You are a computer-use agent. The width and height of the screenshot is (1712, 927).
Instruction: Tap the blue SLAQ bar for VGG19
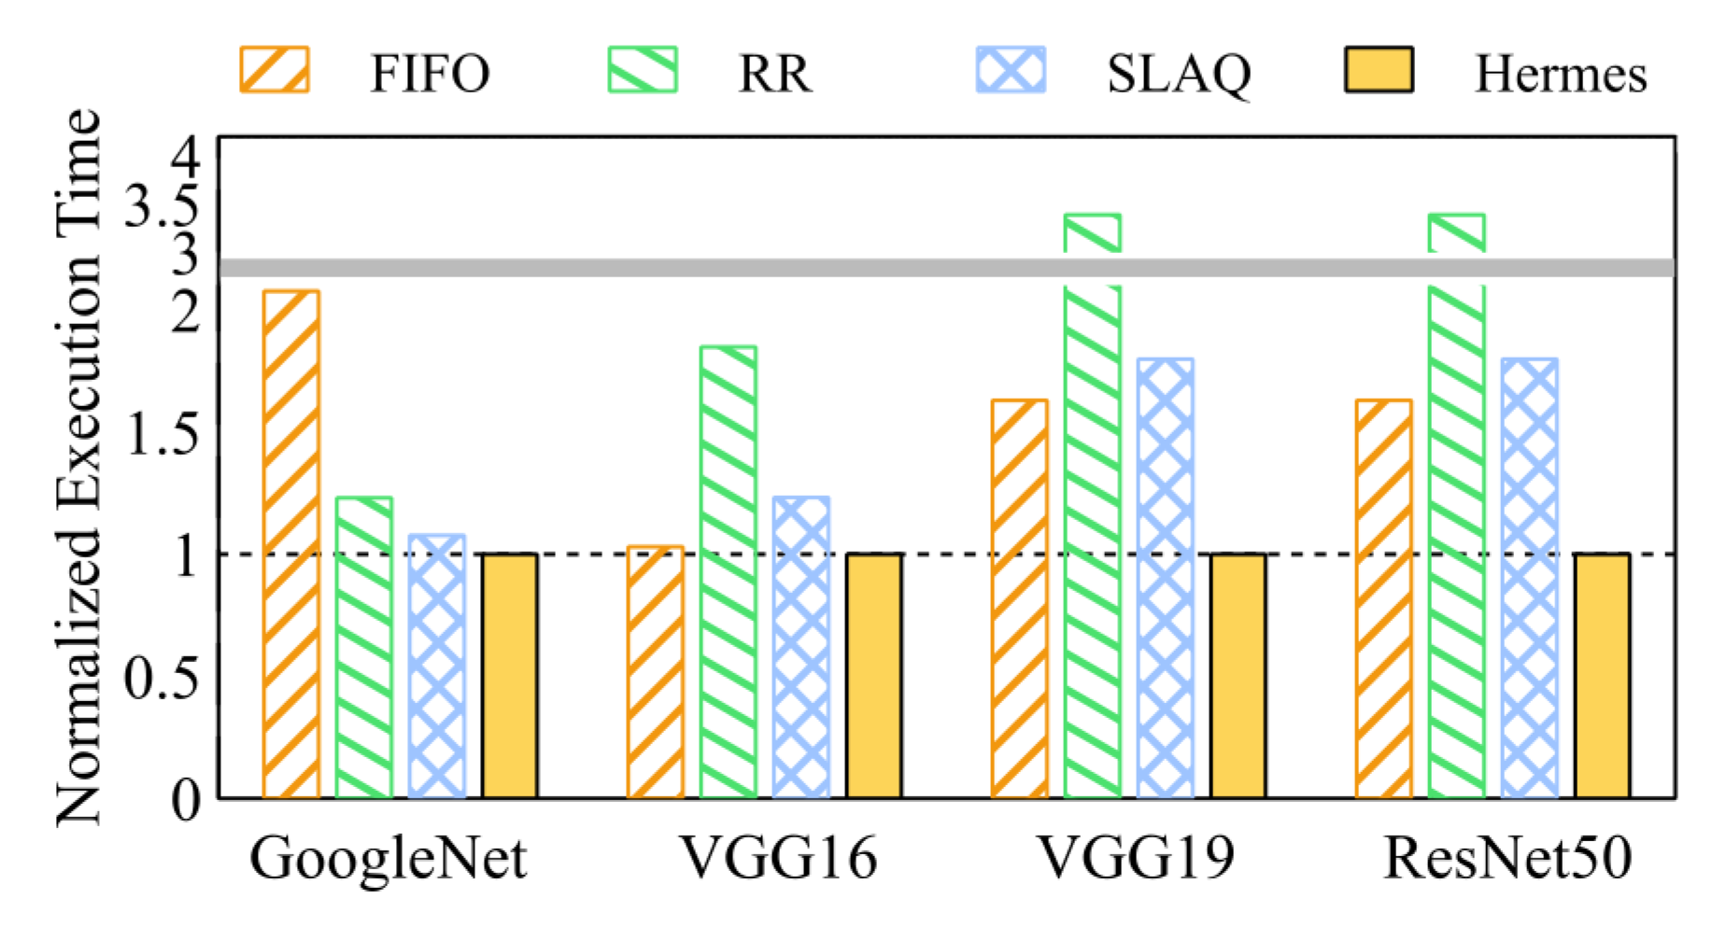1166,578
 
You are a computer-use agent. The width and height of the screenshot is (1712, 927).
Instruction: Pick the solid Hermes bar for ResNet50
1603,676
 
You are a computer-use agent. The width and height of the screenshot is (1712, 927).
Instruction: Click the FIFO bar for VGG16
656,672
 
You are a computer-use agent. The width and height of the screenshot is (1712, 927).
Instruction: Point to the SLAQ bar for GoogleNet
437,667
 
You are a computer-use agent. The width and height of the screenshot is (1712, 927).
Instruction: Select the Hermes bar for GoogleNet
510,676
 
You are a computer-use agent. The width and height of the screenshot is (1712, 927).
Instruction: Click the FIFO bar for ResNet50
1384,598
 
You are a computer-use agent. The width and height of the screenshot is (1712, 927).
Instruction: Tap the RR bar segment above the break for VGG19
1093,233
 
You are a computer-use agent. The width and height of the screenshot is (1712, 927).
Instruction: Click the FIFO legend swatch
275,70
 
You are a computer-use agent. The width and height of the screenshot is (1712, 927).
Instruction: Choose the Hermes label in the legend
1561,74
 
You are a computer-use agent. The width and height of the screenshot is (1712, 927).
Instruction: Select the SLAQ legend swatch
1011,70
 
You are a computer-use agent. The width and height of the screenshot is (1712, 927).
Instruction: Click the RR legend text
774,74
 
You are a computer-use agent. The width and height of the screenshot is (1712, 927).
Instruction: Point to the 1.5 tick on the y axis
163,433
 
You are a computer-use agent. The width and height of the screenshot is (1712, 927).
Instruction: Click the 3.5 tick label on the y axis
163,204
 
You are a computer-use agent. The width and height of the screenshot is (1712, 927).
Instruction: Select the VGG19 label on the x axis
1137,857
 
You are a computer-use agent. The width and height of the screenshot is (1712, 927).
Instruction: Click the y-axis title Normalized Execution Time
78,467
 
